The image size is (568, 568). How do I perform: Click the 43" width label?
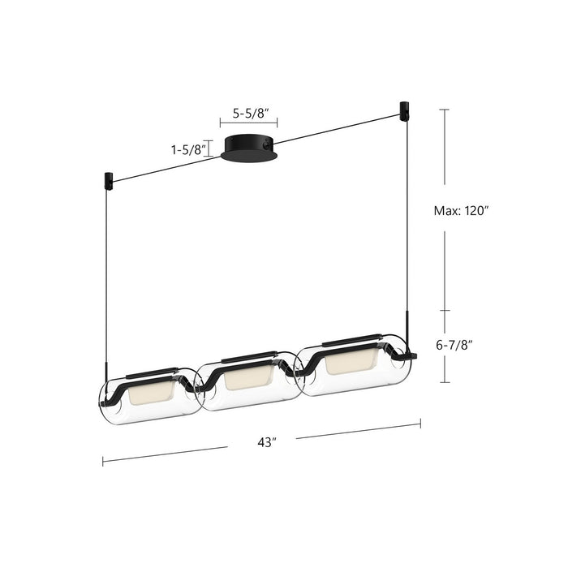click(262, 442)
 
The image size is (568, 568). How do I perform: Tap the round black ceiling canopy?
click(249, 147)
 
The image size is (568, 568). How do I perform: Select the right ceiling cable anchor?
click(403, 108)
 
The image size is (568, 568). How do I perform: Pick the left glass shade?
click(146, 395)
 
